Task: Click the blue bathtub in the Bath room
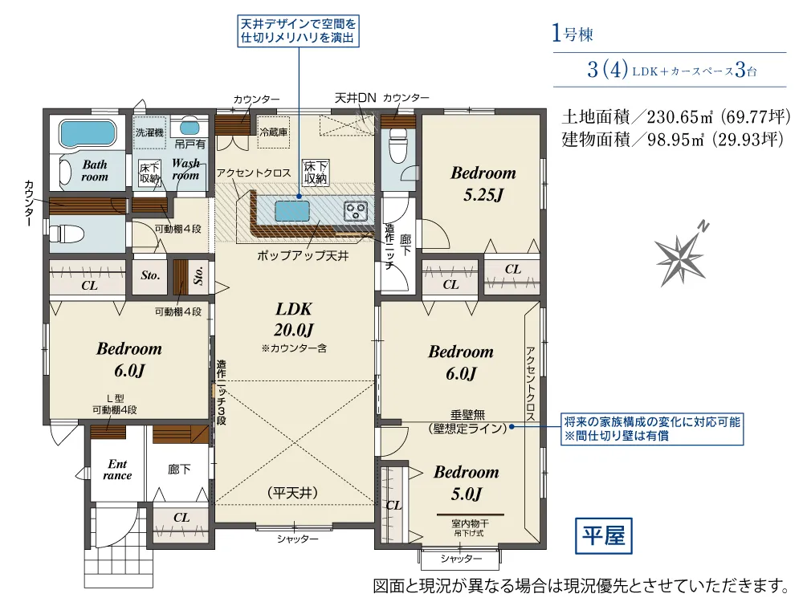tap(87, 132)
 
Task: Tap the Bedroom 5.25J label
tap(483, 183)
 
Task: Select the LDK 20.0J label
tap(294, 319)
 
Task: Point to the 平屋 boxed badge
tap(604, 536)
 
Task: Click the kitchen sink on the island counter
tap(292, 211)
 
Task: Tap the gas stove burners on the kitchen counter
tap(356, 211)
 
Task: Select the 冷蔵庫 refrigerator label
tap(274, 132)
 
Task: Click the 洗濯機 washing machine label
tap(149, 132)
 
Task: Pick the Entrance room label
tap(117, 470)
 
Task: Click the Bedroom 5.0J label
tap(466, 482)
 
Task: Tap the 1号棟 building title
tap(572, 33)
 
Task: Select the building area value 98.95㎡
tap(676, 139)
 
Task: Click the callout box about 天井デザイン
tap(298, 31)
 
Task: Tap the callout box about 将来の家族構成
tap(652, 429)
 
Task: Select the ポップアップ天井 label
tap(303, 255)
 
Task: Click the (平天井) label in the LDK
tap(292, 493)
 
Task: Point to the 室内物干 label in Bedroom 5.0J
tap(470, 523)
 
